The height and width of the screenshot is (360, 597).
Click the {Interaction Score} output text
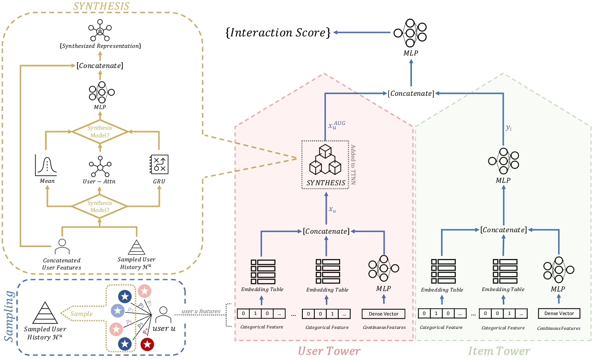tap(277, 33)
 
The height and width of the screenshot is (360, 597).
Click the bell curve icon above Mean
tap(46, 165)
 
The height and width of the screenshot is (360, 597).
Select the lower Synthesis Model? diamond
tap(99, 206)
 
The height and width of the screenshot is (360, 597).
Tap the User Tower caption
tap(329, 351)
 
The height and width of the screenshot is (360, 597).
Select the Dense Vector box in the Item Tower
tap(559, 314)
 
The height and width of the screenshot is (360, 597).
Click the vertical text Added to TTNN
tap(354, 164)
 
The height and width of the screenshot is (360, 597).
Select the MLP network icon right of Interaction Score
tap(411, 33)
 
